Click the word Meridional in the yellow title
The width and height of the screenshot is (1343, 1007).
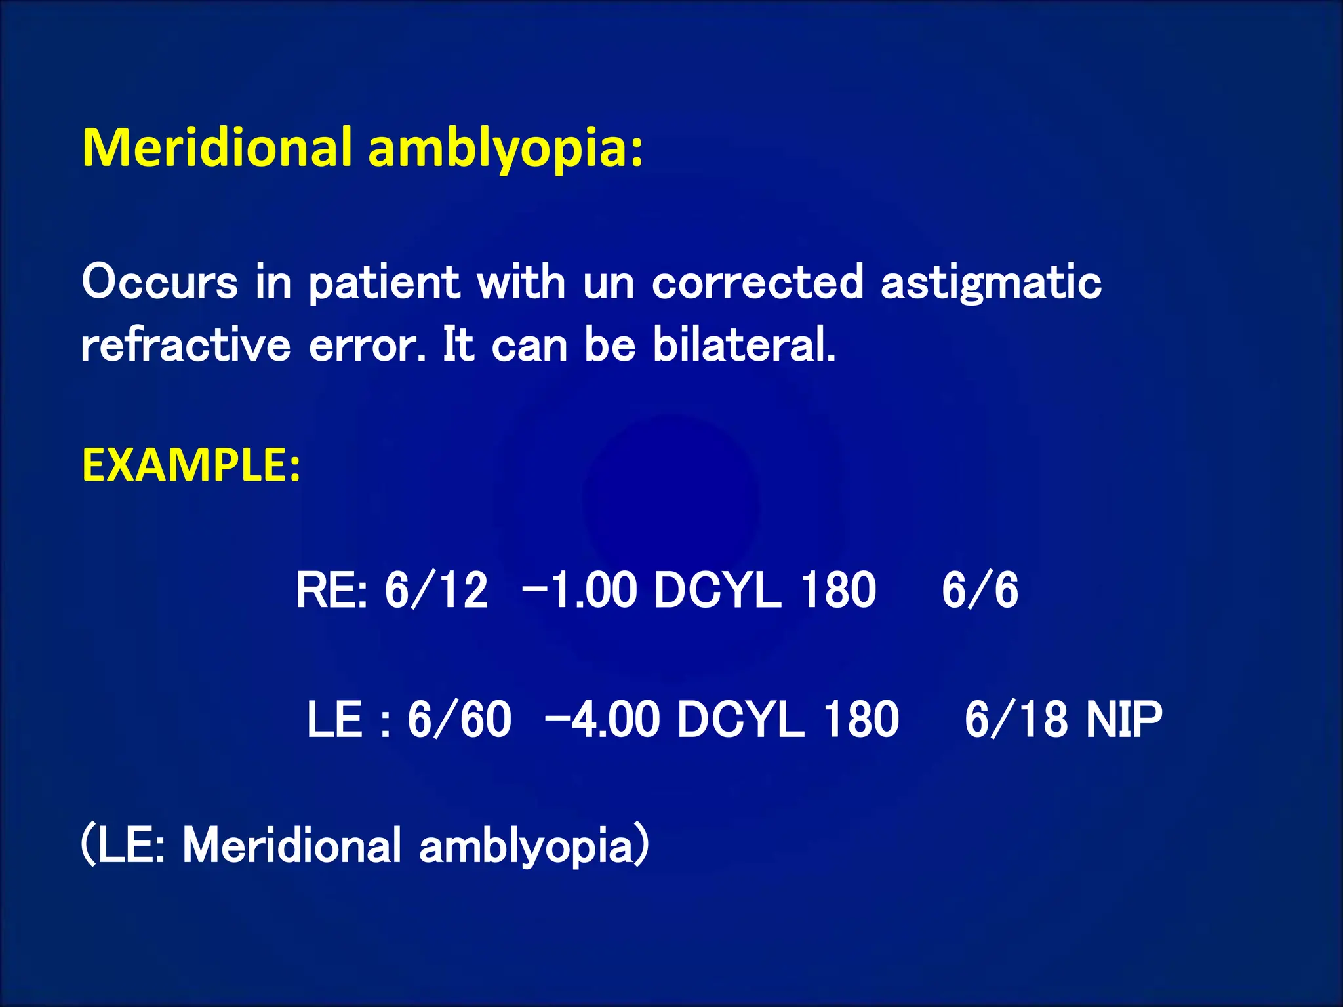(217, 148)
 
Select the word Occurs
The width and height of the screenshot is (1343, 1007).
(159, 283)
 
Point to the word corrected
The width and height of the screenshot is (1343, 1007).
(757, 283)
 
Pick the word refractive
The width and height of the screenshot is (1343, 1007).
(186, 345)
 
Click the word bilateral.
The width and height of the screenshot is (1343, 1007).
(744, 345)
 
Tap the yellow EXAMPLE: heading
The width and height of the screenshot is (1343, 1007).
(191, 465)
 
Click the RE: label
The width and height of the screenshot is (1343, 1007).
(331, 590)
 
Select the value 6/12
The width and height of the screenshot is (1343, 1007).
(436, 590)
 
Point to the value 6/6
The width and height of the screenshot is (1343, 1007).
(980, 590)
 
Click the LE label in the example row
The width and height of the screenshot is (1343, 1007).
(334, 719)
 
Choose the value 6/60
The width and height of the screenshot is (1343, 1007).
(459, 719)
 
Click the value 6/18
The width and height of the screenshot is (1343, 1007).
(1016, 719)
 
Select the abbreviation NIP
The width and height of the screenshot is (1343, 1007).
(1124, 719)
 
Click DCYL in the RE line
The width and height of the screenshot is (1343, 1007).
(718, 590)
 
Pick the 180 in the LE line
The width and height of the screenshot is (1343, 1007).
(860, 719)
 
